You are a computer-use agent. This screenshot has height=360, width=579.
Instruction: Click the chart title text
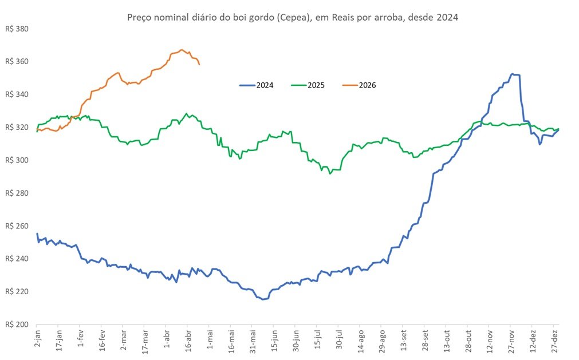point(292,18)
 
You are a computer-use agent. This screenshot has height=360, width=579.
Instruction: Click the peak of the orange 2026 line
point(181,50)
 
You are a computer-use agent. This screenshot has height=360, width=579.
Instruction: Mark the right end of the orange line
point(199,64)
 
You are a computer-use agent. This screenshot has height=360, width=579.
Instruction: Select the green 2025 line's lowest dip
point(329,173)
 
